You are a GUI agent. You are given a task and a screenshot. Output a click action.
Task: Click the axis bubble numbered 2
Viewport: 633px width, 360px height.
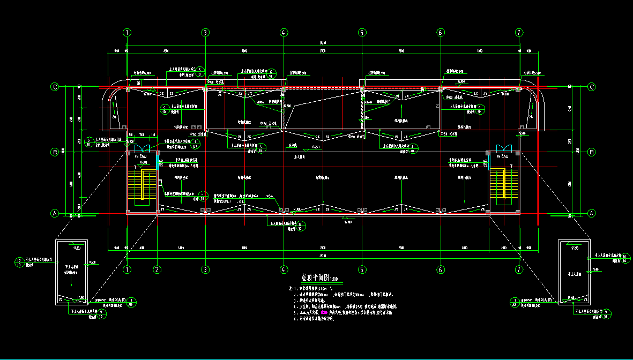click(x=157, y=269)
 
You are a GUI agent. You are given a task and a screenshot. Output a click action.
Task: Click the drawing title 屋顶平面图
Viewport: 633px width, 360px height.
click(x=312, y=278)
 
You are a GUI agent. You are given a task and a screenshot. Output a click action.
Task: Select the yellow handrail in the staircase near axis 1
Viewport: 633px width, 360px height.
click(x=143, y=185)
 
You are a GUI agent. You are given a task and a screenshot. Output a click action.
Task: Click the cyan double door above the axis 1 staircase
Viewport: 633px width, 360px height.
click(x=143, y=147)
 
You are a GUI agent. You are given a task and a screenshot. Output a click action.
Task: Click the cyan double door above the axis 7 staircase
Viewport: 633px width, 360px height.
click(x=504, y=147)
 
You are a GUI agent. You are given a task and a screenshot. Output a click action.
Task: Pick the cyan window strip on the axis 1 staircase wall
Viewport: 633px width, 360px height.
click(x=157, y=161)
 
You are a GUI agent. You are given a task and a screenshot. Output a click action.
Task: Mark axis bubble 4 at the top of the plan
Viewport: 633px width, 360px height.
click(x=284, y=32)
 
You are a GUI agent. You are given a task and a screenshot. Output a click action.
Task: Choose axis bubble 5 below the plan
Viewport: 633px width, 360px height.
click(x=362, y=269)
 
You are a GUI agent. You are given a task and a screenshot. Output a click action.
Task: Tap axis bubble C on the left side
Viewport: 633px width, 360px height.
click(x=54, y=86)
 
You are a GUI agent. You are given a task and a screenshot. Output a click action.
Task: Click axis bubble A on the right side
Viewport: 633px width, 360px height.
click(x=592, y=213)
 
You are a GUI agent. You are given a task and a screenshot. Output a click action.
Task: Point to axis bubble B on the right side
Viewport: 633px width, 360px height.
click(x=592, y=152)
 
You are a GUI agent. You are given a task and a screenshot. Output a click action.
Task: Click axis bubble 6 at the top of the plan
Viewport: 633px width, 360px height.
click(x=441, y=32)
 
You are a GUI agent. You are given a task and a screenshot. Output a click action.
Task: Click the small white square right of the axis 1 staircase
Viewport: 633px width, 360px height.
click(x=160, y=182)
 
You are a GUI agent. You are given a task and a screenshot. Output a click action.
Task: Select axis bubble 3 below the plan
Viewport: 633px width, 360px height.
click(x=205, y=269)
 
